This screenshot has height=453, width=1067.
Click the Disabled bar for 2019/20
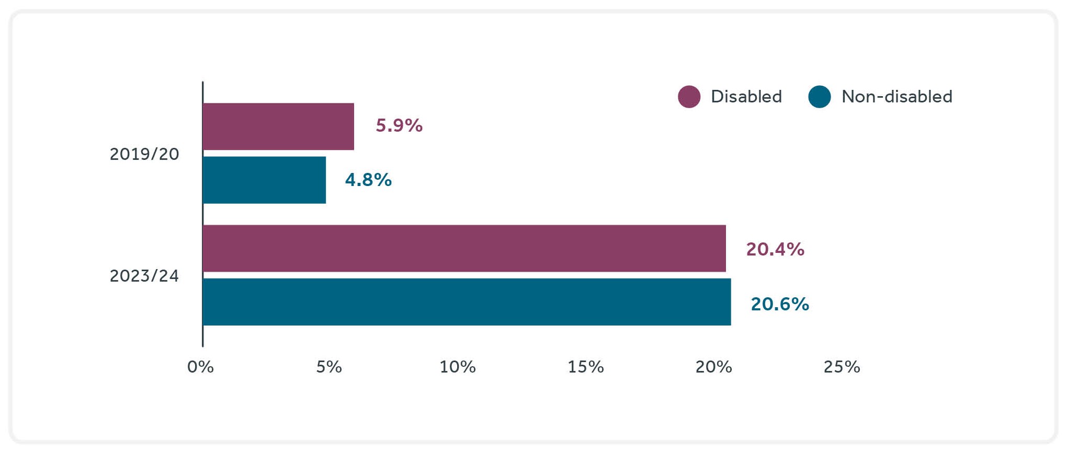pyautogui.click(x=278, y=126)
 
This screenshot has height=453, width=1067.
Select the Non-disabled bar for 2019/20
pyautogui.click(x=264, y=180)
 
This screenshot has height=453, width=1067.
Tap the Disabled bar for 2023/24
pyautogui.click(x=464, y=249)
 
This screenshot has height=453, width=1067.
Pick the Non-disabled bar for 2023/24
pyautogui.click(x=467, y=302)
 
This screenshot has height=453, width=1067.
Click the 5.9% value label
pyautogui.click(x=399, y=126)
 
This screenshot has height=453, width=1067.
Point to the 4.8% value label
pyautogui.click(x=368, y=180)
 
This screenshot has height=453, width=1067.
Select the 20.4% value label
pyautogui.click(x=775, y=249)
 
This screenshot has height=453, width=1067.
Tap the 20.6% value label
pyautogui.click(x=780, y=304)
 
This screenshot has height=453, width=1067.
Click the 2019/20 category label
pyautogui.click(x=144, y=154)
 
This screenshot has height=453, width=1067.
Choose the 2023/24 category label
pyautogui.click(x=144, y=276)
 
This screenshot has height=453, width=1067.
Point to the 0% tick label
pyautogui.click(x=201, y=367)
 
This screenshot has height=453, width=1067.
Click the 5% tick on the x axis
pyautogui.click(x=329, y=367)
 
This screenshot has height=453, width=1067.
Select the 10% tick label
pyautogui.click(x=458, y=367)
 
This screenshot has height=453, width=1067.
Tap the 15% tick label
pyautogui.click(x=586, y=367)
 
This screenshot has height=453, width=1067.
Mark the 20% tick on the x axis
pyautogui.click(x=714, y=367)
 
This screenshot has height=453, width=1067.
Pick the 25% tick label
pyautogui.click(x=842, y=367)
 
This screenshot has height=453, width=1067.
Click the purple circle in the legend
pyautogui.click(x=689, y=97)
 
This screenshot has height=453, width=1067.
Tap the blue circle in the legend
pyautogui.click(x=820, y=97)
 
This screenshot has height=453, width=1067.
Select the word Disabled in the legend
pyautogui.click(x=746, y=97)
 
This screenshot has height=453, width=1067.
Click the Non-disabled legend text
pyautogui.click(x=897, y=97)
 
